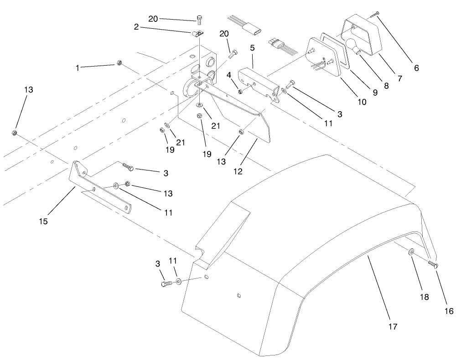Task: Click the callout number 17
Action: [393, 327]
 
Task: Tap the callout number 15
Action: [43, 221]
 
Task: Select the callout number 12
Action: [238, 171]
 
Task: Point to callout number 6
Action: [416, 68]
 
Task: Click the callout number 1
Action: [78, 68]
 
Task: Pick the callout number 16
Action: [449, 311]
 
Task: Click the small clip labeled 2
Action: [197, 34]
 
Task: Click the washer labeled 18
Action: [411, 252]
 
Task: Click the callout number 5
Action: [252, 47]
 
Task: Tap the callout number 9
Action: [375, 93]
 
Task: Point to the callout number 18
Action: [425, 297]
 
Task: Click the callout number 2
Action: [136, 27]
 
